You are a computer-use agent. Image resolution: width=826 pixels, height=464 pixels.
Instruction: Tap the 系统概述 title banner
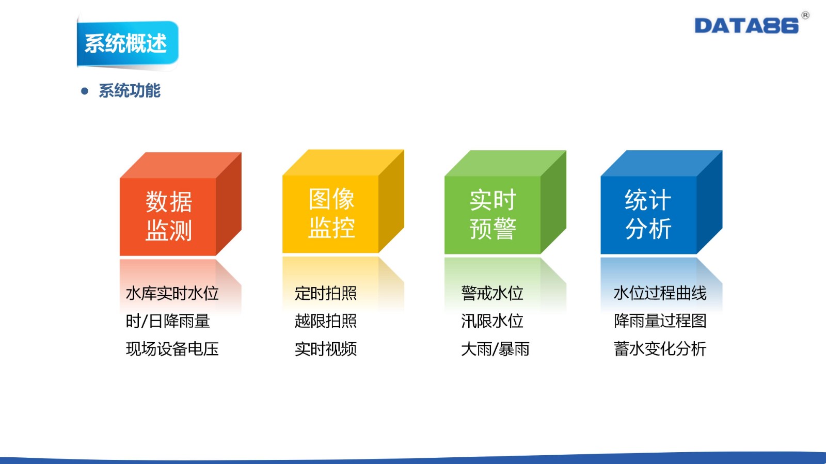(x=128, y=43)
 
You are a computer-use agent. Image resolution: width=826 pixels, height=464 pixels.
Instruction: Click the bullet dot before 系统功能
(x=85, y=91)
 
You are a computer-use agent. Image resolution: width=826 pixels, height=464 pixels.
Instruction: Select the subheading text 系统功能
(x=130, y=91)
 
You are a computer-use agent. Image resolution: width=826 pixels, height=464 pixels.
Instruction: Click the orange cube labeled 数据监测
(x=180, y=204)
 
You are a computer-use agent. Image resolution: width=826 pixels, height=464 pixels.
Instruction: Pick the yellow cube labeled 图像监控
(x=343, y=201)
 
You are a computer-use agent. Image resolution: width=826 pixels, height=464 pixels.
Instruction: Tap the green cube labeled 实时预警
(x=505, y=202)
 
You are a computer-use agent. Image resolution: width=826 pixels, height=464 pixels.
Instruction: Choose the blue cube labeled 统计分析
(x=661, y=202)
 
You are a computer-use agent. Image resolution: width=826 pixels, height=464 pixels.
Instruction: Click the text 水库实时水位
(x=172, y=293)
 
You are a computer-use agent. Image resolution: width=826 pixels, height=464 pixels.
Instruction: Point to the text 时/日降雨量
(x=168, y=321)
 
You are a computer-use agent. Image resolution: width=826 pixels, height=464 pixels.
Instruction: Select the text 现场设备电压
(x=172, y=348)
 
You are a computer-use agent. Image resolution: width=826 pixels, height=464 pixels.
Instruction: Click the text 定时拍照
(x=326, y=293)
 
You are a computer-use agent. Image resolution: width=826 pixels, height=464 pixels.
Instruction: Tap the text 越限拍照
(x=326, y=321)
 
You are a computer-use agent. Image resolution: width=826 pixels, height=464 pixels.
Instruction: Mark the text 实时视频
(x=326, y=348)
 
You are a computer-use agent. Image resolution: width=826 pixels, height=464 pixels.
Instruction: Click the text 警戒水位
(x=492, y=293)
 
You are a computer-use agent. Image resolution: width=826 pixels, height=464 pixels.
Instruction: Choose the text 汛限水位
(x=492, y=321)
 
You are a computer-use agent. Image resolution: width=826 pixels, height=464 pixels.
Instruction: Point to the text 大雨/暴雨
(x=495, y=348)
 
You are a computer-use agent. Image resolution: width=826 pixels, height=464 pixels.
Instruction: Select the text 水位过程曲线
(x=660, y=293)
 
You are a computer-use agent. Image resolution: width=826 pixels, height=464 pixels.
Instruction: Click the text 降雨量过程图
(x=660, y=321)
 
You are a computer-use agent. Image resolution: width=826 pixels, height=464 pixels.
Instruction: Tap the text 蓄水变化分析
(x=660, y=348)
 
